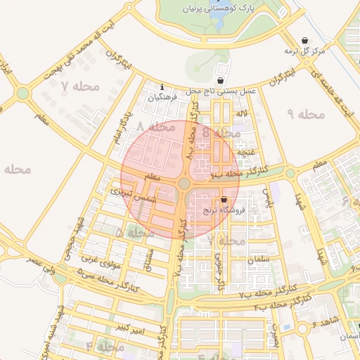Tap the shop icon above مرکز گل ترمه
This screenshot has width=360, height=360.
pos(304,40)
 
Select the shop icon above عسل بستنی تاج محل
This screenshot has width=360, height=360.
pos(221,81)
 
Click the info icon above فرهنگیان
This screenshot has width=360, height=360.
pos(163,87)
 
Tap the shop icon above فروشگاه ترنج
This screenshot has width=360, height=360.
pos(223,199)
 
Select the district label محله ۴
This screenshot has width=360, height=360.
pos(105,347)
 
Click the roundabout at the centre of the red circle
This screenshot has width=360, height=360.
pos(184,183)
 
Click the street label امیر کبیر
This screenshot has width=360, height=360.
pos(130,328)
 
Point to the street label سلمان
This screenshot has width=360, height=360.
pos(259,259)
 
